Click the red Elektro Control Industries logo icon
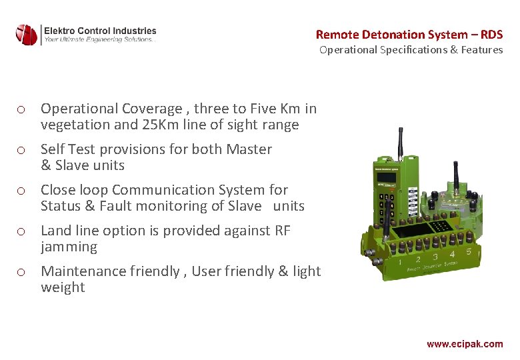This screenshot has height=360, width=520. (x=27, y=35)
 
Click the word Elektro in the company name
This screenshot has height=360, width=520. (x=60, y=31)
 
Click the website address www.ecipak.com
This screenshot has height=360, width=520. (x=465, y=344)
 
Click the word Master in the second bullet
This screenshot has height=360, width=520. (x=249, y=149)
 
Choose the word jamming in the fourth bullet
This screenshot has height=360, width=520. (x=69, y=247)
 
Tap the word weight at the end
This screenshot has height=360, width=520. (x=63, y=287)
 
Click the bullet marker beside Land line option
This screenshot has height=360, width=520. (x=22, y=231)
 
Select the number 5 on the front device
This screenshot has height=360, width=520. (x=468, y=252)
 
